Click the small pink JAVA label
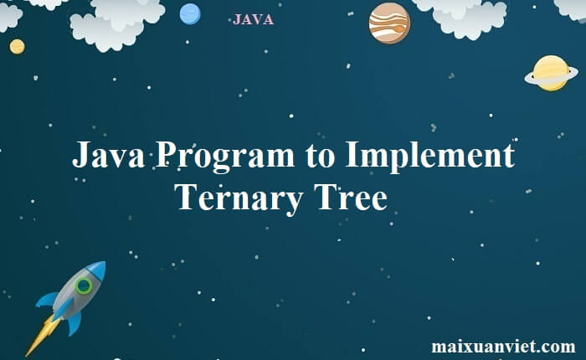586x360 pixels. tap(253, 19)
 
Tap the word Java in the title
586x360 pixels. tap(110, 157)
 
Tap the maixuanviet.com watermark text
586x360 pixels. tap(503, 345)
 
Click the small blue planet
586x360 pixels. tap(190, 13)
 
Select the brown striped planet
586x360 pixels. tap(389, 23)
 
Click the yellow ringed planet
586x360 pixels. tap(551, 72)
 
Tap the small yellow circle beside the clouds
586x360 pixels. tap(17, 46)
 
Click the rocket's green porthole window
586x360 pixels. tap(84, 285)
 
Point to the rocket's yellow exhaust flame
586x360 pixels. tap(38, 336)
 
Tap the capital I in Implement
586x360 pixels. tap(352, 157)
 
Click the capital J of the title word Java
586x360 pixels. tap(81, 157)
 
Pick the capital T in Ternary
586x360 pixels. tap(186, 198)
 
